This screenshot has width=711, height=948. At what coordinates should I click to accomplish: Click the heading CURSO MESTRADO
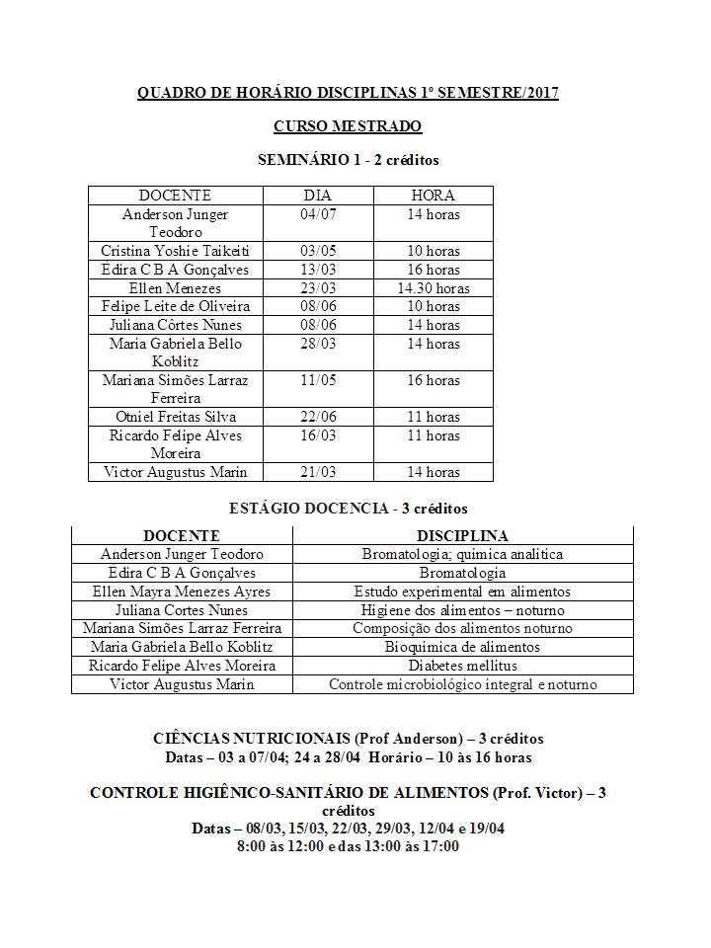coord(347,126)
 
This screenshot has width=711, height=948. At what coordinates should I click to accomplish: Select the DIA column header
coord(317,196)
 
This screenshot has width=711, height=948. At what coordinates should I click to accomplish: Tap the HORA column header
coord(433,196)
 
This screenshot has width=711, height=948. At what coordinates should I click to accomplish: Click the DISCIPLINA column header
coord(462,536)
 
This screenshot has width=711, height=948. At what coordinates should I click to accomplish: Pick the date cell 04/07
coord(317,214)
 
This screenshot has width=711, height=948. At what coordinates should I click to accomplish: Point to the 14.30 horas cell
coord(433,288)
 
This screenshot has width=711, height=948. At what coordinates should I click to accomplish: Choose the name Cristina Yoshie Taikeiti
coord(175,251)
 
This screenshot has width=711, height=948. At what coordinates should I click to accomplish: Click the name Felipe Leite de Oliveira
coord(175,306)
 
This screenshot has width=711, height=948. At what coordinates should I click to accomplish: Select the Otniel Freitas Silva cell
coord(175,417)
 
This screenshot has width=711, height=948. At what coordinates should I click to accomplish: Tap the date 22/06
coord(317,417)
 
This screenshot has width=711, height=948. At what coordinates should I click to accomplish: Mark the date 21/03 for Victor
coord(317,472)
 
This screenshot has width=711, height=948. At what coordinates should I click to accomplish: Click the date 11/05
coord(317,380)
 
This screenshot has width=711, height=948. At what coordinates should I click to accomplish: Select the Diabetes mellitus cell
coord(462,666)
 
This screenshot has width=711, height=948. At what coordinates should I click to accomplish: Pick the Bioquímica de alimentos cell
coord(462,647)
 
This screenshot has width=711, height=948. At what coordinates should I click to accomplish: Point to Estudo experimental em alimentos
coord(462,592)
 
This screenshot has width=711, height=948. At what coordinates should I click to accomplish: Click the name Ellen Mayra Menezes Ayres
coord(182,592)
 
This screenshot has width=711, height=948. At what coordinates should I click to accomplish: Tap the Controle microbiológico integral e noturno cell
coord(462,684)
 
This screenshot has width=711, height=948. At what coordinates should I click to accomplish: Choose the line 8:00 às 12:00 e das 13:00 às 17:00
coord(348,846)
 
